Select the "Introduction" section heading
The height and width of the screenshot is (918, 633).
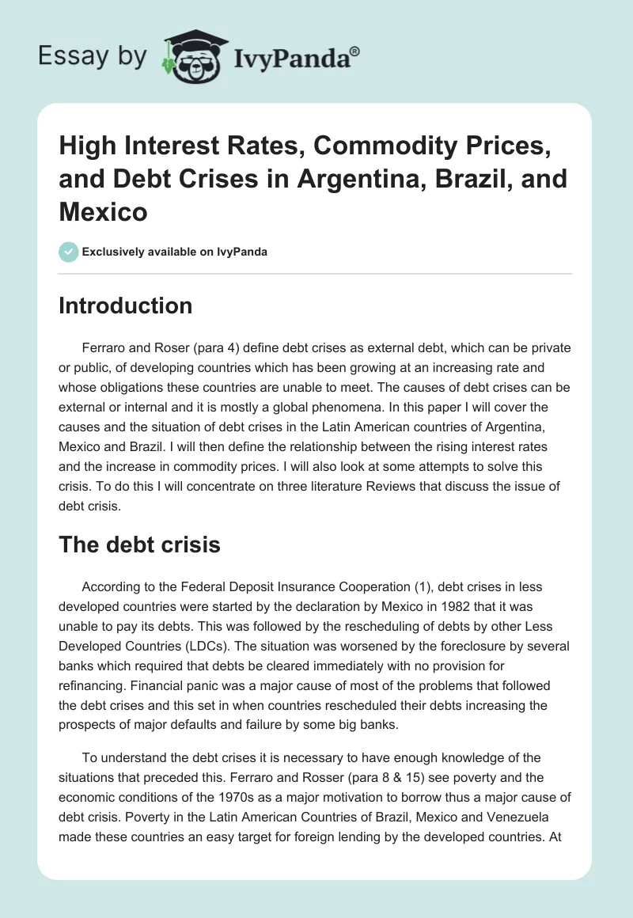[125, 306]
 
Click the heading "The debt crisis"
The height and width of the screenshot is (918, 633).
[139, 544]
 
